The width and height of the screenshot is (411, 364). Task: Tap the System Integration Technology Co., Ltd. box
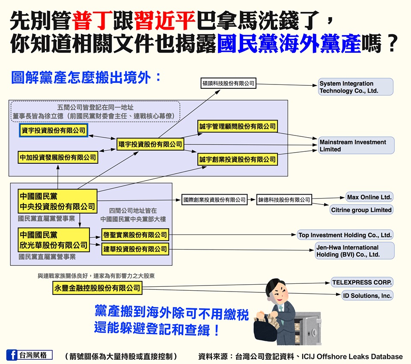[356, 87]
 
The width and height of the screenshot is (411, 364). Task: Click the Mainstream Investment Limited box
[356, 146]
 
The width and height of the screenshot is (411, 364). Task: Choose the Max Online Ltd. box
[369, 197]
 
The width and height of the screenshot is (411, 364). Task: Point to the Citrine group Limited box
[361, 210]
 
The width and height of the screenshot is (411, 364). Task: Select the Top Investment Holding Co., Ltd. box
[345, 235]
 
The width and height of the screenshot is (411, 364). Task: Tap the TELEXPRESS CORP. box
[362, 283]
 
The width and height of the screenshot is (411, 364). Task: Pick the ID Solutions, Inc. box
[367, 295]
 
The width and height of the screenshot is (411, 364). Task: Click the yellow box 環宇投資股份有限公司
[150, 144]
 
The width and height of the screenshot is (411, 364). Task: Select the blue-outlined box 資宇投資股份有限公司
[54, 131]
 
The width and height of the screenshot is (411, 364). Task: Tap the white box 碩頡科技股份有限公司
[228, 84]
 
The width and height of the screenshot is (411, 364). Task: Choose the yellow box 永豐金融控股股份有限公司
[97, 288]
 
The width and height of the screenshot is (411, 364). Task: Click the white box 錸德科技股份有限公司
[284, 200]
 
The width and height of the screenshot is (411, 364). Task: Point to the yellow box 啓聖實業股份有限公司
[135, 235]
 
